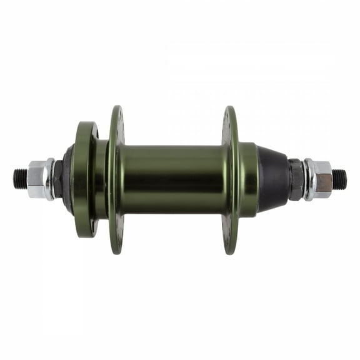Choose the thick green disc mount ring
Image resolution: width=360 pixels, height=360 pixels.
pyautogui.click(x=84, y=179)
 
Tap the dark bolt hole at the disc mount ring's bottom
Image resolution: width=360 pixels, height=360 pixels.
pyautogui.click(x=94, y=227)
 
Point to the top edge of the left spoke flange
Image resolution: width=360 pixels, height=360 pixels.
pyautogui.click(x=117, y=111)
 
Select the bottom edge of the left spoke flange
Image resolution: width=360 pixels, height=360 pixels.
pyautogui.click(x=117, y=248)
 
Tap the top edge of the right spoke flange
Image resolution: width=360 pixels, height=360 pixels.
pyautogui.click(x=231, y=111)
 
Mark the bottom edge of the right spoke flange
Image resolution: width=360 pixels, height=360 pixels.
pyautogui.click(x=231, y=248)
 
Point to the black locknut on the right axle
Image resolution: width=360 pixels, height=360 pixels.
pyautogui.click(x=296, y=179)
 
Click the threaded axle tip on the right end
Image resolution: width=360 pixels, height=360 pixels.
pyautogui.click(x=339, y=179)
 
